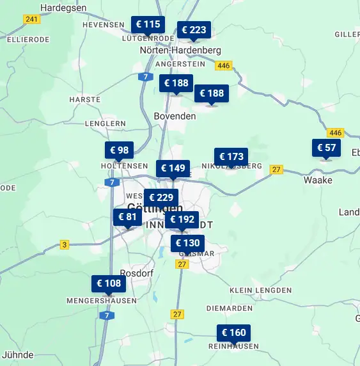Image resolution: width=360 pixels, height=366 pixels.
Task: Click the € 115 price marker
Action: point(148,25)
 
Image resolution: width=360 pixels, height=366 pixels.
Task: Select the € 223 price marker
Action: point(194,30)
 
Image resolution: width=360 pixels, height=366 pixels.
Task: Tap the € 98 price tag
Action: point(120,150)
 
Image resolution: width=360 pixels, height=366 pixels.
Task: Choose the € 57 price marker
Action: point(326,148)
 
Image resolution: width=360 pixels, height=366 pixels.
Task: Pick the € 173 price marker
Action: point(231,157)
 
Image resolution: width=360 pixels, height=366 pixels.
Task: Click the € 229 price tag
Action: point(161,198)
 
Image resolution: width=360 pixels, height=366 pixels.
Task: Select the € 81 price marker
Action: point(127,217)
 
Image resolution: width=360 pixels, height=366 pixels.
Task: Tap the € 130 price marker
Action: point(187,243)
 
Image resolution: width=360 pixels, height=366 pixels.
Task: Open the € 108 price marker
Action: point(109,283)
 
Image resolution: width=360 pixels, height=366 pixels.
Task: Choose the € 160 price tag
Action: point(233,333)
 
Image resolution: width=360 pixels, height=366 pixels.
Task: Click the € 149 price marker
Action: point(173,169)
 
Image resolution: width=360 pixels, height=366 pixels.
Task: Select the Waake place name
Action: point(318,180)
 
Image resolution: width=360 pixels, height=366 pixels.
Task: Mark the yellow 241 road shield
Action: point(31,19)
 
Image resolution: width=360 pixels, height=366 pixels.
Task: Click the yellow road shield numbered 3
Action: point(65,244)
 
